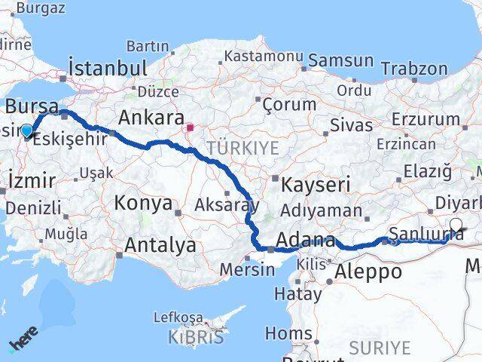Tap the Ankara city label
(151, 118)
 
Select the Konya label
(143, 202)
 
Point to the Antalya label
(160, 244)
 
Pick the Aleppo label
(368, 271)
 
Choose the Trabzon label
(413, 68)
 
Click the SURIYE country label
(380, 348)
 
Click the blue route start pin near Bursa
(27, 131)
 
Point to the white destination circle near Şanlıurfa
(456, 224)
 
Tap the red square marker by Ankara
(190, 127)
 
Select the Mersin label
(247, 268)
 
